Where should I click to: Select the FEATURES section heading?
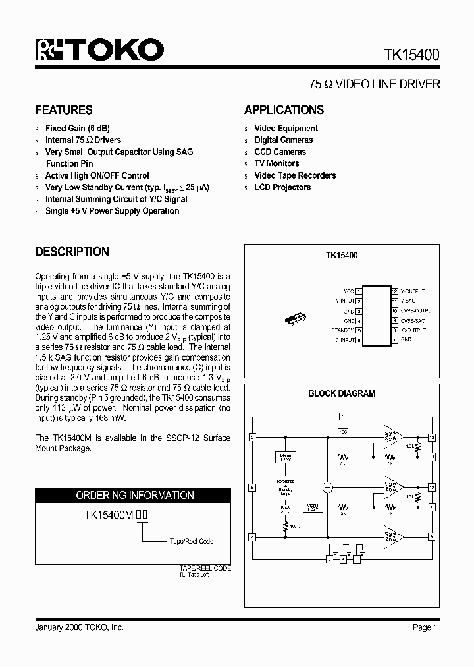64,110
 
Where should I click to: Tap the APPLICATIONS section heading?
284,110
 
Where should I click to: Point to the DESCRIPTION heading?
72,252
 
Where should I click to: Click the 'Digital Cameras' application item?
283,140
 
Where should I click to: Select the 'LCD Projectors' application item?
282,187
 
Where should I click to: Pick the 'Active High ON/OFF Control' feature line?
97,175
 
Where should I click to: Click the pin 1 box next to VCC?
359,290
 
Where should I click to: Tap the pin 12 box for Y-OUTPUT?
395,290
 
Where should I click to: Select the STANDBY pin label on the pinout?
342,330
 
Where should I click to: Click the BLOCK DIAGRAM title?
342,394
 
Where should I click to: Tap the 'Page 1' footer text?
425,627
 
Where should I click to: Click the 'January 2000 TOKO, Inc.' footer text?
79,627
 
